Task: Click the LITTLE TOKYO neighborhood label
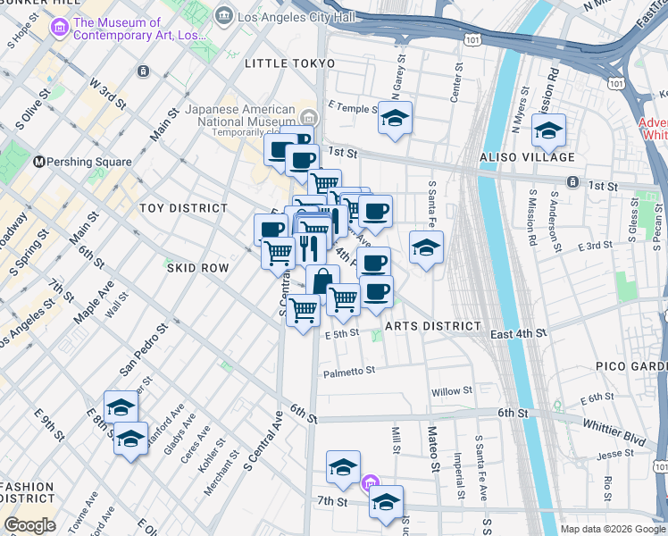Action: click(x=290, y=63)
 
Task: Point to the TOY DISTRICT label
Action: click(x=184, y=208)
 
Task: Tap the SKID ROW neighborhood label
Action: click(x=198, y=268)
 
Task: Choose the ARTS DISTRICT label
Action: click(x=434, y=326)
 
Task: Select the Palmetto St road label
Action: click(x=349, y=372)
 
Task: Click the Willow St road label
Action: click(x=451, y=391)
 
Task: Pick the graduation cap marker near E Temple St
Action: click(x=395, y=118)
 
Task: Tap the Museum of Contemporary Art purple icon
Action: click(x=61, y=28)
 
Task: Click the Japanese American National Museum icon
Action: click(x=308, y=117)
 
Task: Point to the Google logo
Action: click(x=29, y=525)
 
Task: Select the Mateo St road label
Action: click(x=434, y=454)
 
